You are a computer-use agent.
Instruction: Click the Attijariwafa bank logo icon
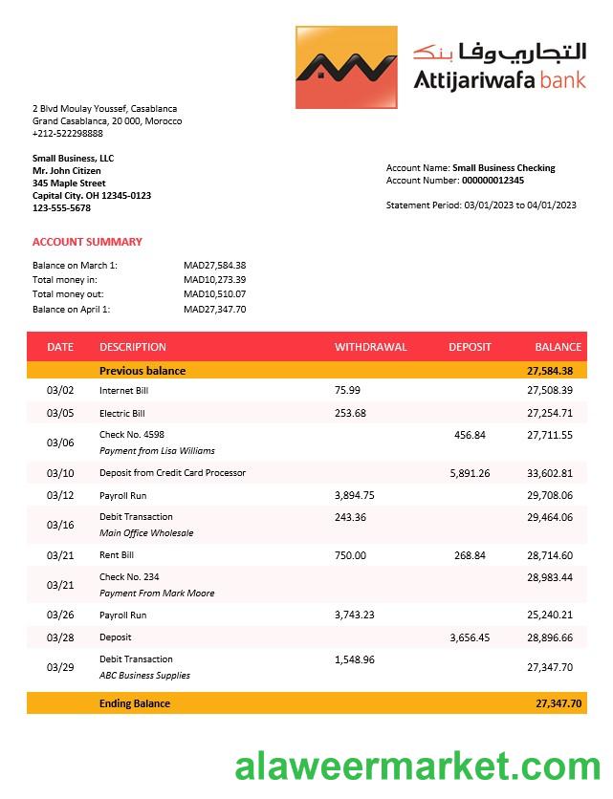345,67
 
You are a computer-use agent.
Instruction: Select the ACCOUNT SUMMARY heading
87,242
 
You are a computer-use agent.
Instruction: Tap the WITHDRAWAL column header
370,347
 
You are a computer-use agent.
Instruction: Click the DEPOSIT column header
470,347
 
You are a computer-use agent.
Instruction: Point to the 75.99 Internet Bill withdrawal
348,390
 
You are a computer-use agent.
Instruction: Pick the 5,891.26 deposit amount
470,473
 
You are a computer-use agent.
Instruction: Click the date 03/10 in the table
60,473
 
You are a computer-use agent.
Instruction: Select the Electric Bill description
122,413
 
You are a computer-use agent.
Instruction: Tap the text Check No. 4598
132,435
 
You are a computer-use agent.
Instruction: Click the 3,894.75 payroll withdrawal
355,495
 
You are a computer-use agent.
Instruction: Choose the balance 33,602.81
550,473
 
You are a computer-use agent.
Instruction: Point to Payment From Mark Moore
157,593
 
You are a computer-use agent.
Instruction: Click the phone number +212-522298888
68,134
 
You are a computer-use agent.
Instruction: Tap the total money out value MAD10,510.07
215,294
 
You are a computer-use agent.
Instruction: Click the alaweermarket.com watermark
417,766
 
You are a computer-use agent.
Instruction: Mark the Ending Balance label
135,703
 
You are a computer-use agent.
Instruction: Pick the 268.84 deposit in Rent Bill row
470,555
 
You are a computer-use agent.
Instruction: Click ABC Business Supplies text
144,675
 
